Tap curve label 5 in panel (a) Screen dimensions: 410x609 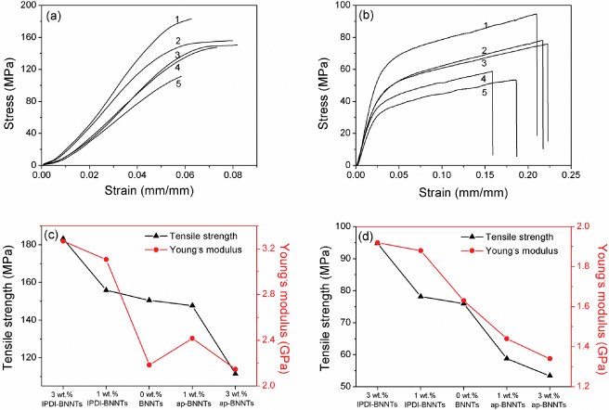pyautogui.click(x=150, y=83)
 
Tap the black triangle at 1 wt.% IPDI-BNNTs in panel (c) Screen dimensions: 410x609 pyautogui.click(x=106, y=289)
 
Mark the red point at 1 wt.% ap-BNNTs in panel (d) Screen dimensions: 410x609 pyautogui.click(x=507, y=339)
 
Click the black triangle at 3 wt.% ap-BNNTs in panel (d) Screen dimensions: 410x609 pyautogui.click(x=550, y=376)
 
